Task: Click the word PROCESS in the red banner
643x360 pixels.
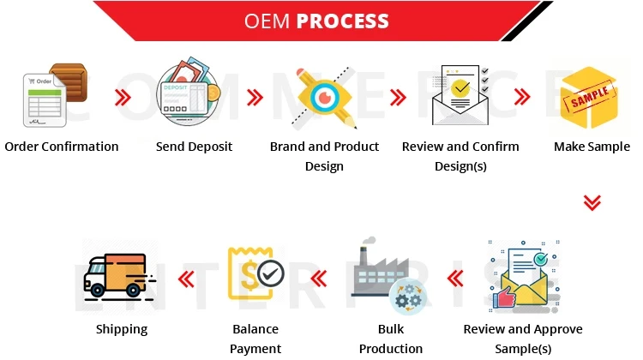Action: click(x=342, y=21)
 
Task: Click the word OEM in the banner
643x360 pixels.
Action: click(x=267, y=21)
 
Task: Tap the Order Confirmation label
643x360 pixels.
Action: click(x=62, y=147)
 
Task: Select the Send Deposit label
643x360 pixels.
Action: click(x=194, y=147)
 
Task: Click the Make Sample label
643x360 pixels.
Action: click(x=592, y=147)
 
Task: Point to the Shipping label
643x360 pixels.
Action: click(x=121, y=329)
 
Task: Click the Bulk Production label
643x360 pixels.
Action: click(x=390, y=339)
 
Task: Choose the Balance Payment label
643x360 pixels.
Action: click(x=255, y=339)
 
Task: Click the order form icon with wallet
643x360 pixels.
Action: click(x=53, y=96)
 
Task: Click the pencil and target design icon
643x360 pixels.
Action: click(x=325, y=97)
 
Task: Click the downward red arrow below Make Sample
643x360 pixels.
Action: click(x=592, y=202)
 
